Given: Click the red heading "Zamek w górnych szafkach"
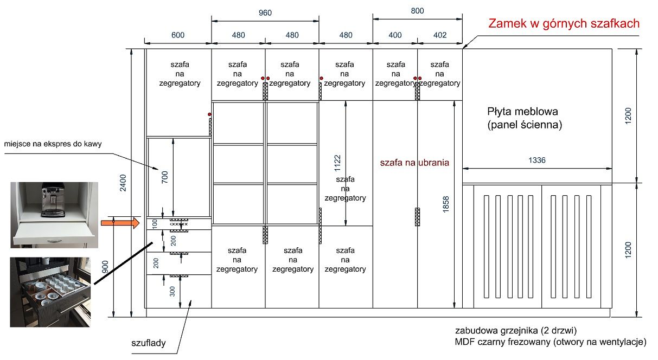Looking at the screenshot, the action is (564, 23).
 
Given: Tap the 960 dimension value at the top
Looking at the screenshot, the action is (265, 13).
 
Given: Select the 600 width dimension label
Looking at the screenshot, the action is (178, 35).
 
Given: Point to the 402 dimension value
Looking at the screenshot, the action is (440, 35).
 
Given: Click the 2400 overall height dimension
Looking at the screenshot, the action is (123, 183).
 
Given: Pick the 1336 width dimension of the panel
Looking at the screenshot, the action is (536, 160).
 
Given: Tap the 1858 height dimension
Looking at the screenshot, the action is (445, 204).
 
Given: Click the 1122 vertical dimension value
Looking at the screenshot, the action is (337, 163).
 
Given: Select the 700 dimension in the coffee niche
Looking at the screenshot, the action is (164, 177).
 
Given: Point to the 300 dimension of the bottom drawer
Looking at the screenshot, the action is (173, 291).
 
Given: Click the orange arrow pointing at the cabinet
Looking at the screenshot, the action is (120, 223).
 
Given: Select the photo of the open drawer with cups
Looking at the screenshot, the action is (50, 292).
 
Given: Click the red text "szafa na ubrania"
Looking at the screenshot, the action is (414, 163).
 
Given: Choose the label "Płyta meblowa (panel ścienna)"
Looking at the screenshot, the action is (525, 118).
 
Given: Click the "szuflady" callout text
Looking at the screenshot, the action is (148, 343).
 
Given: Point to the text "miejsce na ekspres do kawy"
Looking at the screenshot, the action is (53, 144).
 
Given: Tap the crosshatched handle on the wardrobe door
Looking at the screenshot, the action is (417, 217).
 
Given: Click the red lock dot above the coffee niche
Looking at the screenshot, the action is (209, 114).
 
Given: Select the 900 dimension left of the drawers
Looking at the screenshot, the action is (105, 267).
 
